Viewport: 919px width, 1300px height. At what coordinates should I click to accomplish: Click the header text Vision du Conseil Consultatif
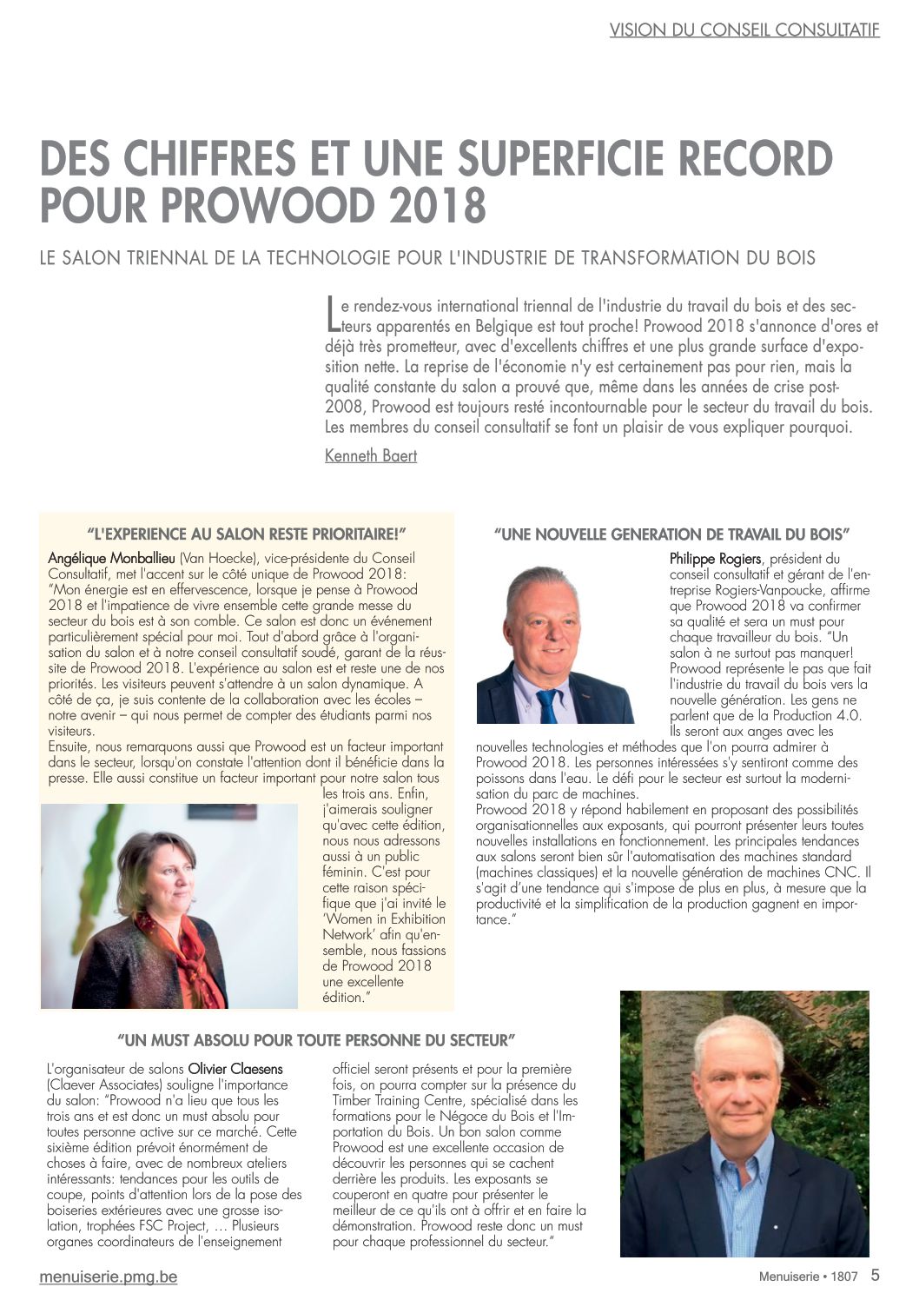point(744,30)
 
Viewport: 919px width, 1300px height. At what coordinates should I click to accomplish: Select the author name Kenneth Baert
point(371,455)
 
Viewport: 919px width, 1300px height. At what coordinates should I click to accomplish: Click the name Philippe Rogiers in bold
point(715,559)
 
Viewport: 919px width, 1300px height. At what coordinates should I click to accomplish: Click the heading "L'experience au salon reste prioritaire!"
point(248,533)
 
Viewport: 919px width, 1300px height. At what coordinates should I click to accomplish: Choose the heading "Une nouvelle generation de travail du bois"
point(671,534)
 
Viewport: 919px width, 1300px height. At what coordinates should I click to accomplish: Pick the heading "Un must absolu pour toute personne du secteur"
point(316,1039)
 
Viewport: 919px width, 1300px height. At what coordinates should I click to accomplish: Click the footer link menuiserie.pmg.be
point(109,1277)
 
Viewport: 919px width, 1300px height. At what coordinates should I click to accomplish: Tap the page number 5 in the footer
point(875,1276)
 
